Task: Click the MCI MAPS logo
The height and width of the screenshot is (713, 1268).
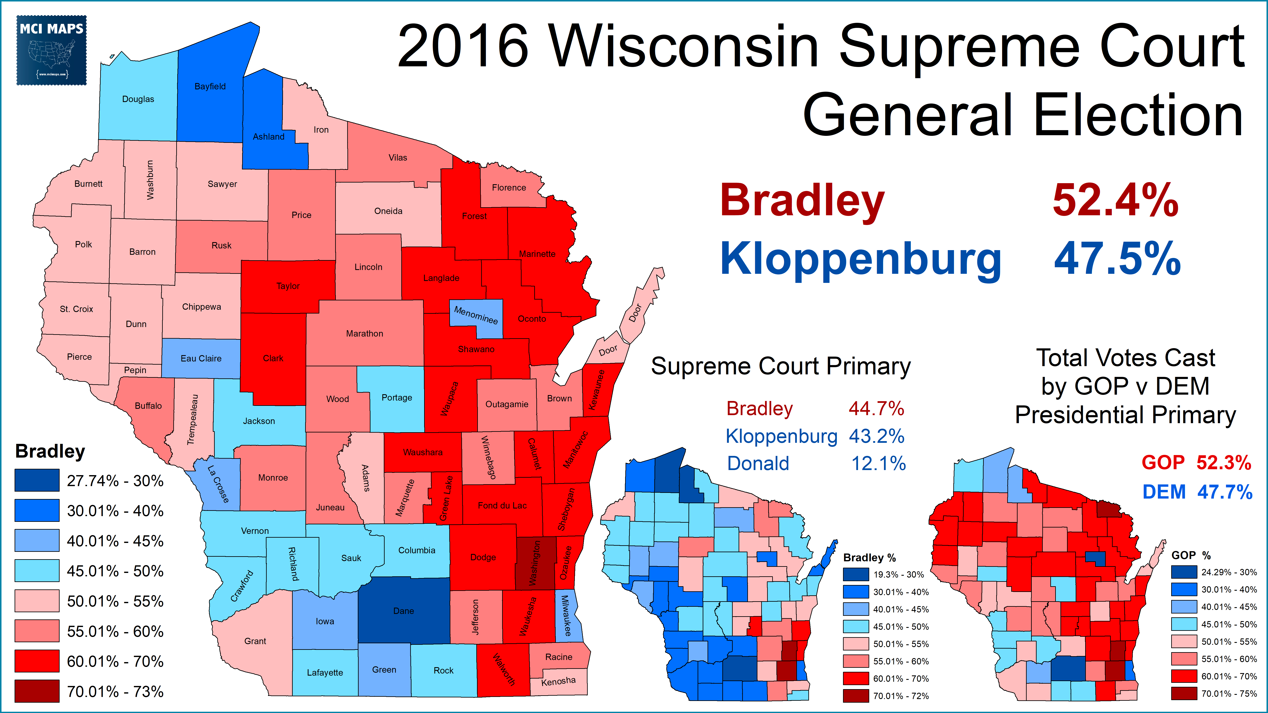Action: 52,50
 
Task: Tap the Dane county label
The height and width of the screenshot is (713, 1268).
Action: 403,611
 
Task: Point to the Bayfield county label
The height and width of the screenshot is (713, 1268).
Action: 210,86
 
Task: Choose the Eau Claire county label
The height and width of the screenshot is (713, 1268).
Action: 201,358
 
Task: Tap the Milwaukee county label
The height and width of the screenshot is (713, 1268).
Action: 567,616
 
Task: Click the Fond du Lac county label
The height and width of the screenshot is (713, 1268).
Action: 502,505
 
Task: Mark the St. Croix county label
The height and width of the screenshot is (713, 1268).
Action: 76,309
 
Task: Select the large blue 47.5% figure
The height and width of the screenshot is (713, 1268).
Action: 1117,259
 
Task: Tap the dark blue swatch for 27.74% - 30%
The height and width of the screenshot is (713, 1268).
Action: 37,480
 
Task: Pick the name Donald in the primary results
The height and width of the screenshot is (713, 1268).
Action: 758,464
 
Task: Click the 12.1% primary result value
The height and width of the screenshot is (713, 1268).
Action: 879,464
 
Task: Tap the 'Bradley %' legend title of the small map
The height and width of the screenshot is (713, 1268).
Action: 869,558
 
